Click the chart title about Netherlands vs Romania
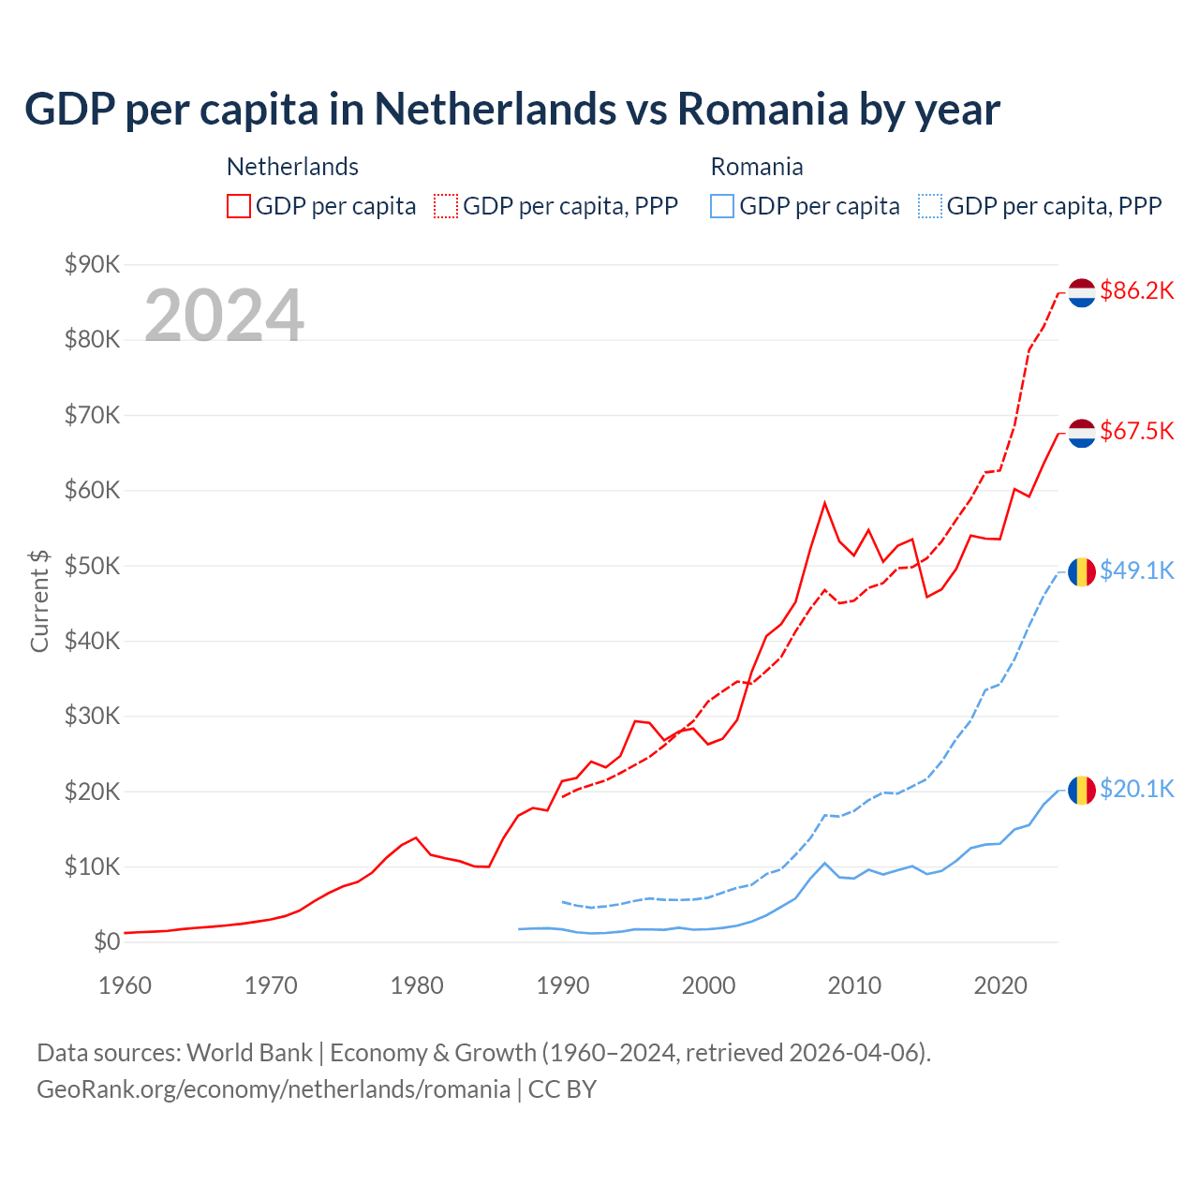[511, 110]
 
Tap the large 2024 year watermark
[224, 316]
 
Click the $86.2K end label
[1136, 291]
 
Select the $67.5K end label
[1136, 431]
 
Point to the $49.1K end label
[1136, 570]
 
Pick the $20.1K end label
[1136, 789]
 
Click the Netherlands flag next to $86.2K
[1082, 292]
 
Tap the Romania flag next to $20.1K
[1082, 790]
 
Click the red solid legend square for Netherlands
[239, 206]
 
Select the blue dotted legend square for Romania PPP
[930, 206]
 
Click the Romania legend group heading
[757, 167]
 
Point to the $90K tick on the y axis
[92, 265]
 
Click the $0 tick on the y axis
[107, 942]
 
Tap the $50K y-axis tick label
[92, 566]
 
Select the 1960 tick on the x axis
[125, 985]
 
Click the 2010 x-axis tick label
[854, 985]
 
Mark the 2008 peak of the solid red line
[824, 503]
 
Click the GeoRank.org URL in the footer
[274, 1089]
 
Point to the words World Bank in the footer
[249, 1053]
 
